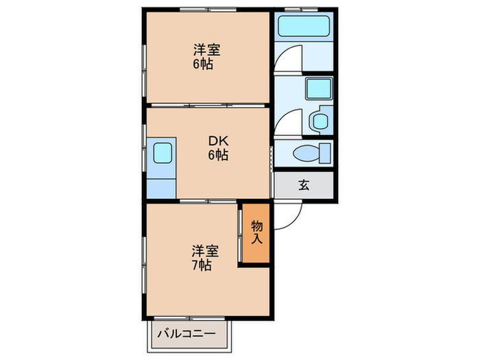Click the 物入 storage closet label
coord(256,232)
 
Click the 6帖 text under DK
coord(218,156)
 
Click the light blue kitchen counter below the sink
coord(161,186)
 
